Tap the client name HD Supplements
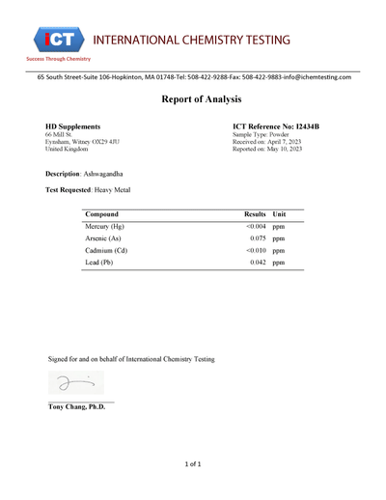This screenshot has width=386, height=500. click(x=72, y=126)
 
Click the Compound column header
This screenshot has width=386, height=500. click(x=102, y=213)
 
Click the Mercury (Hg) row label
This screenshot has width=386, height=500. click(x=105, y=226)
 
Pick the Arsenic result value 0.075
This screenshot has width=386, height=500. click(x=258, y=238)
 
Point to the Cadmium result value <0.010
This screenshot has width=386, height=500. click(x=255, y=250)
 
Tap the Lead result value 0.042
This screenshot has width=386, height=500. click(x=258, y=263)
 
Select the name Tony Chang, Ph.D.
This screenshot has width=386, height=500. click(x=77, y=406)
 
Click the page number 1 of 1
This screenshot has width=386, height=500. click(x=193, y=464)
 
